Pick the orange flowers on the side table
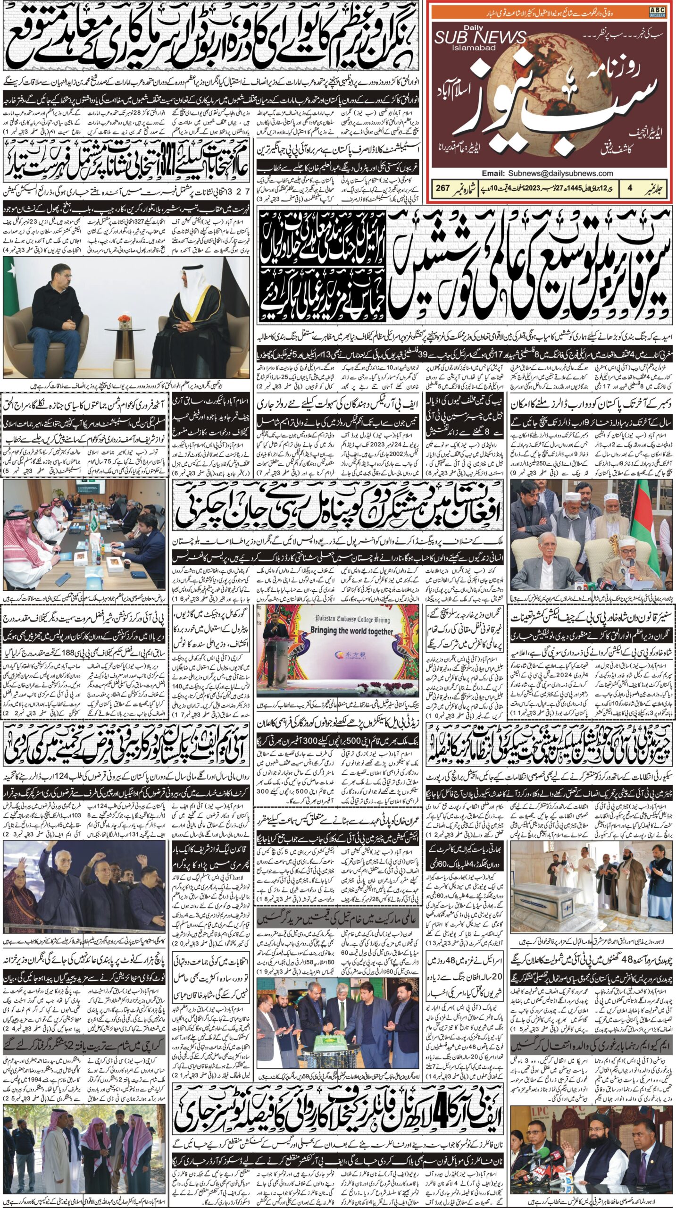point(124,319)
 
